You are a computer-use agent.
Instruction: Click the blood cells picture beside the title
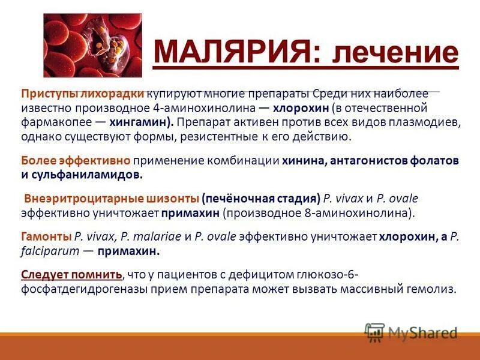pyautogui.click(x=92, y=46)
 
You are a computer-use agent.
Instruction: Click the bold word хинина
pyautogui.click(x=304, y=161)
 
